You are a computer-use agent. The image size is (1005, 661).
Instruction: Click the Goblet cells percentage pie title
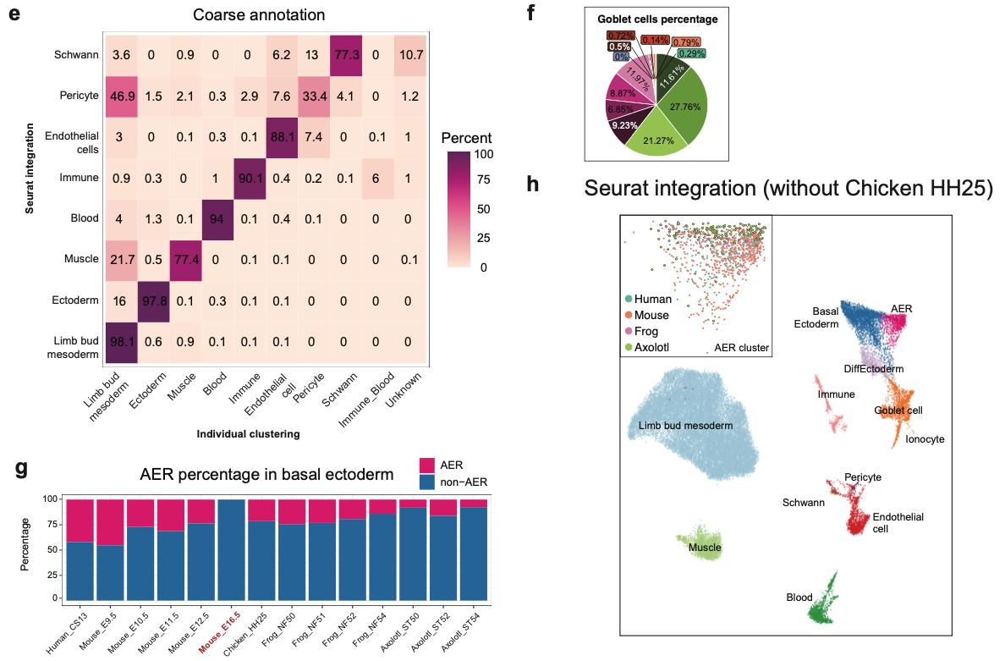(x=656, y=19)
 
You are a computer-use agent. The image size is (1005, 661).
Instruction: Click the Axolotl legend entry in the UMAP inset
(x=651, y=347)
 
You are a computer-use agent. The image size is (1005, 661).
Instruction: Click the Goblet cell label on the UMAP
(x=898, y=410)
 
